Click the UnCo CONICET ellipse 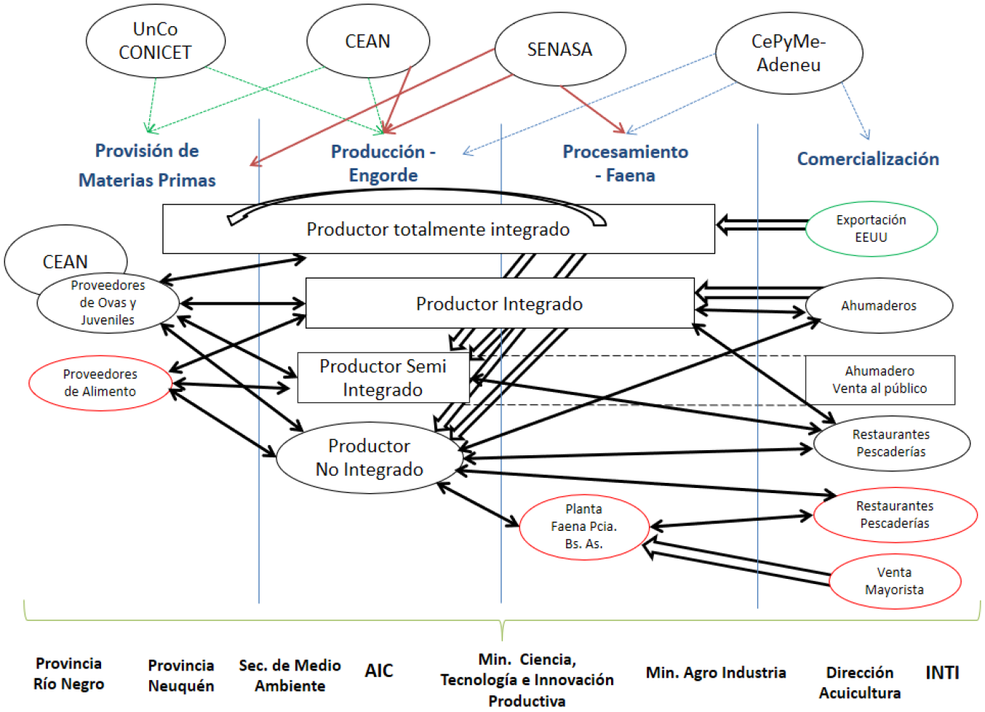(155, 41)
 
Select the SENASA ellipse (559, 49)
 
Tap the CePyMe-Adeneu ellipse (789, 53)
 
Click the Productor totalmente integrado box (438, 230)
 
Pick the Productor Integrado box (499, 303)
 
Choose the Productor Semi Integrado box (383, 377)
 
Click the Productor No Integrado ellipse (369, 457)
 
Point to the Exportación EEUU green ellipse (871, 228)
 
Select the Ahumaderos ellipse (879, 305)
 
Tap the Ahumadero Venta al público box (880, 380)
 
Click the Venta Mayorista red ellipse (894, 581)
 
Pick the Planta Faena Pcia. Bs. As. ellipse (583, 526)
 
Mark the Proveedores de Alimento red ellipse (100, 383)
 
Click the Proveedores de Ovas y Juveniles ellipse (108, 303)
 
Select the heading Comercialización (868, 159)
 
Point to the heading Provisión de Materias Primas (147, 165)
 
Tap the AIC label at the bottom (378, 671)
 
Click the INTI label (942, 673)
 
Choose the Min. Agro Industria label (716, 673)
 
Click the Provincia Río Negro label (69, 673)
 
